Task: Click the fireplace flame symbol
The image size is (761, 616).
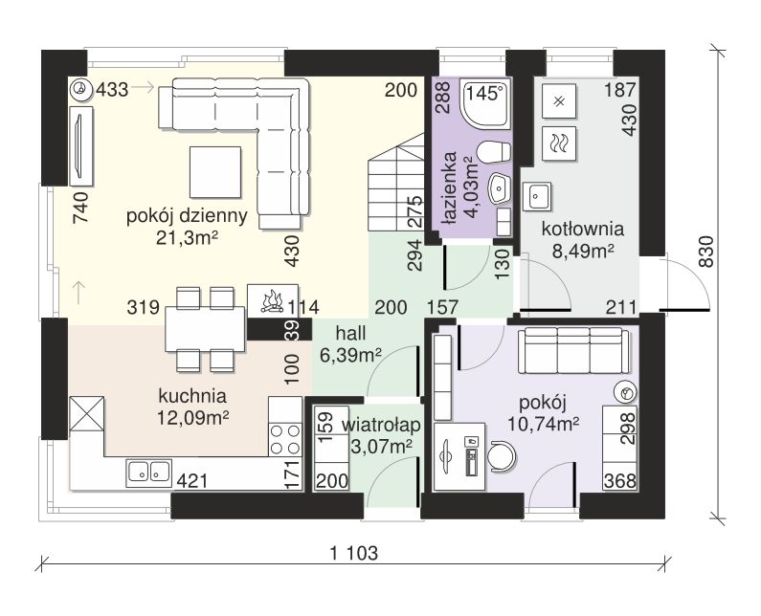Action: [x=272, y=300]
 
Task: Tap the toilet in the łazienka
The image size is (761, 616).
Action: [x=494, y=151]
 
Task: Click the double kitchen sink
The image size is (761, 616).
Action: [x=148, y=473]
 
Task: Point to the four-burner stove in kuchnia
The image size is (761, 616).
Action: [x=285, y=439]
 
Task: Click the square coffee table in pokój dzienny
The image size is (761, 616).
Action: [x=215, y=172]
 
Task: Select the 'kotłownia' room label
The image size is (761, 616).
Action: [x=582, y=229]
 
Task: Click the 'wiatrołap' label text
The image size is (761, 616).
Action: [x=381, y=426]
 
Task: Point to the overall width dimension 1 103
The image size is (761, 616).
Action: [x=353, y=553]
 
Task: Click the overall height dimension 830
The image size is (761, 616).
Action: [x=706, y=252]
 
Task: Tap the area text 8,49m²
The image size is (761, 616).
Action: [x=583, y=252]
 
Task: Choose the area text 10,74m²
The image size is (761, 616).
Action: [x=543, y=425]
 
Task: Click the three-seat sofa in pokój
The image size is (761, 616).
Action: [x=573, y=350]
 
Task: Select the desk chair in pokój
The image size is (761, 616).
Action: [x=502, y=456]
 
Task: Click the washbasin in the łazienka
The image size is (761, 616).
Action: [x=500, y=188]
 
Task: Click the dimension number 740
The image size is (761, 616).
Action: [x=80, y=208]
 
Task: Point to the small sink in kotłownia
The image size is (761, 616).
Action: [x=537, y=196]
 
